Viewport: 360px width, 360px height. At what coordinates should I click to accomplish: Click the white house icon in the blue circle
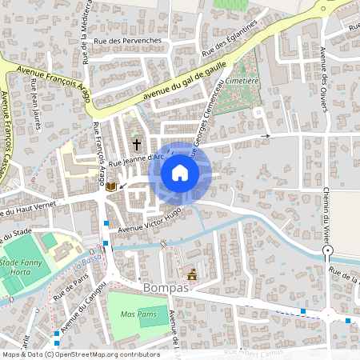pos(180,172)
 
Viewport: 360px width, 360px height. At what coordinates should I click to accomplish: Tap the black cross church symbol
pos(137,145)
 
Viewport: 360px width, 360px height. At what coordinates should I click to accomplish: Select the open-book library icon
pos(111,186)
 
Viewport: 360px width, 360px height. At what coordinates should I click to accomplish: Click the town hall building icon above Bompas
pos(191,273)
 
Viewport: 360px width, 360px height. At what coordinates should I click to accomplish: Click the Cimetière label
pos(241,81)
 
